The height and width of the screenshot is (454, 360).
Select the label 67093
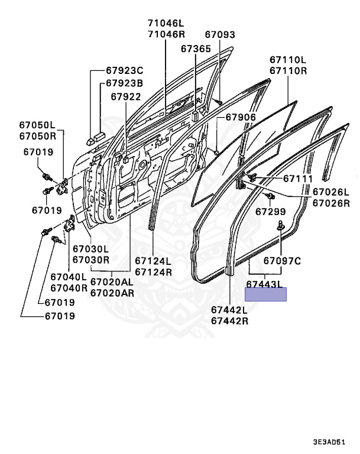[x=220, y=35]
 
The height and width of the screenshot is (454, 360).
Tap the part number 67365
[x=196, y=48]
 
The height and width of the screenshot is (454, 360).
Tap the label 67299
[x=271, y=210]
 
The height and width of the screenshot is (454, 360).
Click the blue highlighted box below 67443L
[x=266, y=294]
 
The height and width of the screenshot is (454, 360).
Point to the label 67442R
[x=230, y=321]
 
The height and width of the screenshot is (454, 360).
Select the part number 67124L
[x=153, y=261]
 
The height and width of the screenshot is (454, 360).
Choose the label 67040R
[x=69, y=287]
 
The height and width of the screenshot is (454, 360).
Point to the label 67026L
[x=331, y=192]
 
